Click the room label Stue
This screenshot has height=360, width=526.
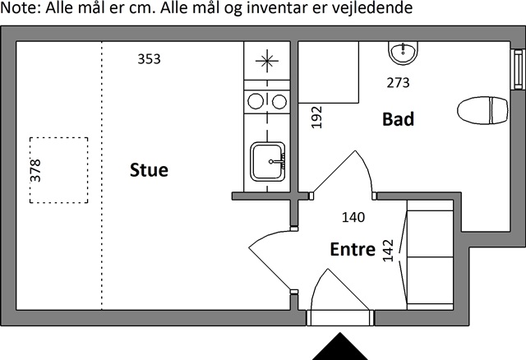click(149, 170)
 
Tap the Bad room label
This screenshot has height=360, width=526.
click(398, 119)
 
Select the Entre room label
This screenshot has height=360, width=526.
click(353, 249)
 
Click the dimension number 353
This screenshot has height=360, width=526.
click(149, 59)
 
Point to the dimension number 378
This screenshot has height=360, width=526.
click(35, 169)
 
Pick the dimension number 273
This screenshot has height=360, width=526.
click(398, 82)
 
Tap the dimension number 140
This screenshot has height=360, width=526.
click(353, 218)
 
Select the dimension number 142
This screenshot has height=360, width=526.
click(389, 252)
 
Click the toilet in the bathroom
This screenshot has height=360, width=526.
click(482, 110)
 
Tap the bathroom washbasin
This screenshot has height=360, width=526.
click(403, 53)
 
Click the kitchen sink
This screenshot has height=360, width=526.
click(267, 159)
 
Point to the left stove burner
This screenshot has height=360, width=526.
click(256, 102)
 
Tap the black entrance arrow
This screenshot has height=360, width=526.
click(340, 347)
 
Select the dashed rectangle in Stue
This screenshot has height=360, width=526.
click(59, 170)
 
